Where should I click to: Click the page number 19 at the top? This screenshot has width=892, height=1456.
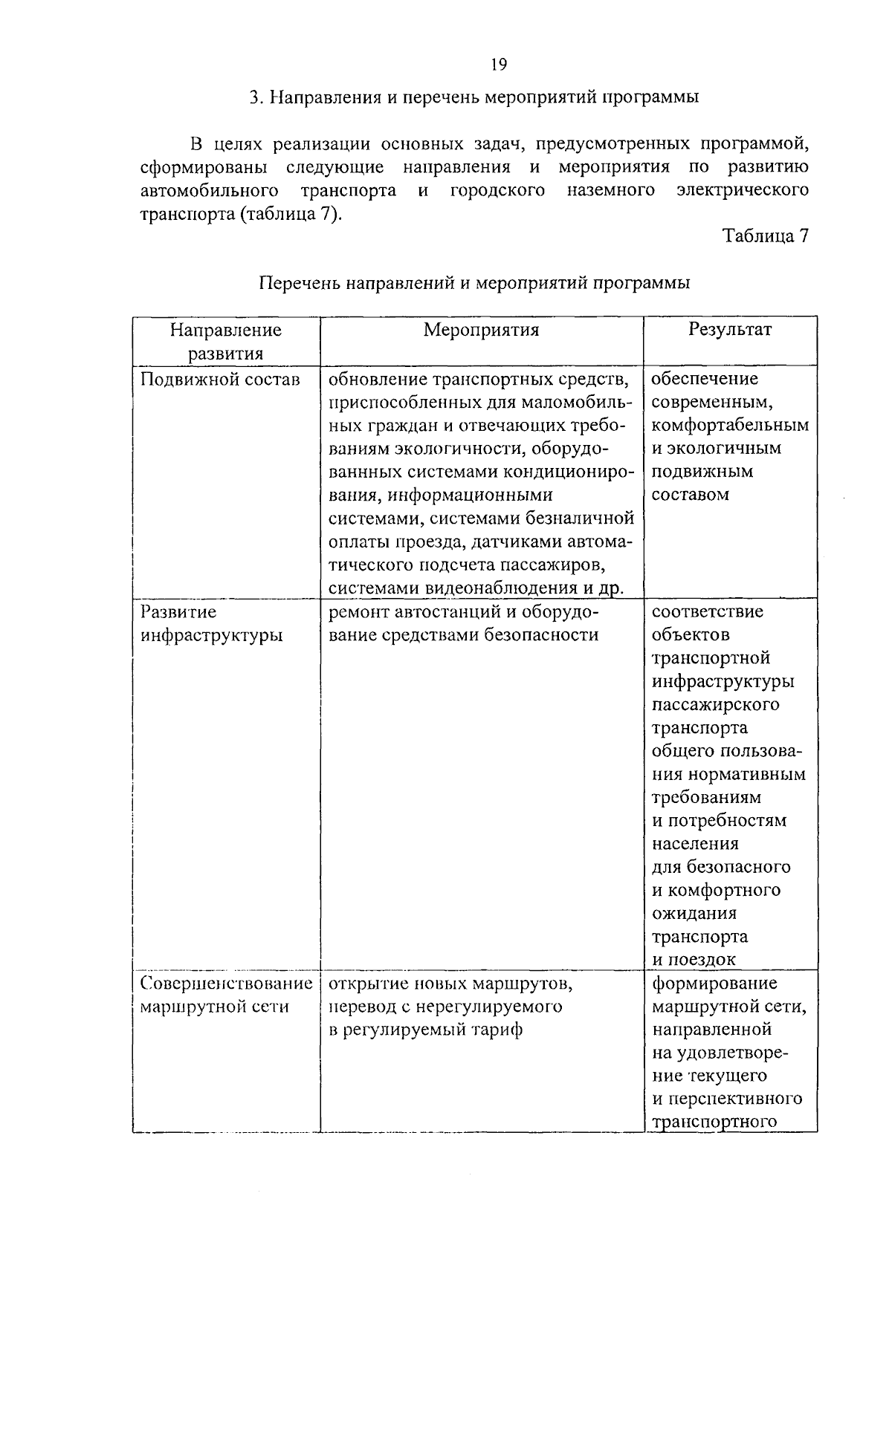(x=499, y=65)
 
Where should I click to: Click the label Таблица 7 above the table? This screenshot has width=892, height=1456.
(x=765, y=236)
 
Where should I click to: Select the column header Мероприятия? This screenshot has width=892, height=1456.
(x=481, y=330)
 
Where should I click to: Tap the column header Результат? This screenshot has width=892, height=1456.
(x=730, y=329)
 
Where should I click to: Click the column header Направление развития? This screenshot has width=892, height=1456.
(x=226, y=341)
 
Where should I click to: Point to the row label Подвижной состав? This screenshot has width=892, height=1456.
(x=220, y=380)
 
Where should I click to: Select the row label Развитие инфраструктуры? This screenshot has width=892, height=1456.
(x=212, y=624)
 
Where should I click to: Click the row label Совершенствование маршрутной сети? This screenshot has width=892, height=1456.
(x=226, y=995)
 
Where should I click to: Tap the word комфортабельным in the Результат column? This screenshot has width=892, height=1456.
(x=730, y=426)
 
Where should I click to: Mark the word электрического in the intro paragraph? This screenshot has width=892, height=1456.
(x=743, y=190)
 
